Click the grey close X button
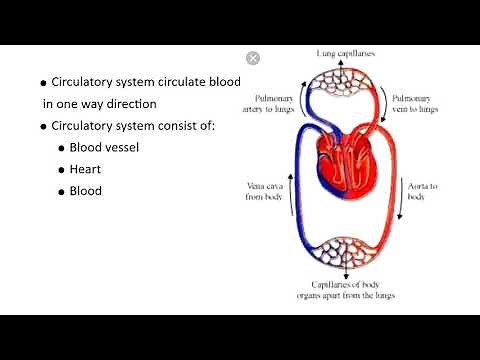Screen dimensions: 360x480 click(x=253, y=58)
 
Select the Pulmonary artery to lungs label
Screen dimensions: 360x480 click(x=273, y=104)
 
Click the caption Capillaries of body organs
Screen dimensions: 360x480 click(x=343, y=292)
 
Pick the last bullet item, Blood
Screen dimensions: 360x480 click(x=85, y=190)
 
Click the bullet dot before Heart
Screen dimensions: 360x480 click(x=62, y=169)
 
